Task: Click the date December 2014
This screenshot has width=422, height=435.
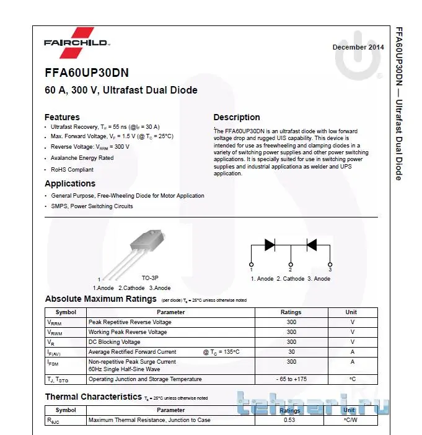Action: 358,47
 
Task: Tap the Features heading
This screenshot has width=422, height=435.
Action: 62,117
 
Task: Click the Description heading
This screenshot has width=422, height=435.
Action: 237,117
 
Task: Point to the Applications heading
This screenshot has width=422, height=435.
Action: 70,183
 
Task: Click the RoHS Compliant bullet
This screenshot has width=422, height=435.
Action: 72,169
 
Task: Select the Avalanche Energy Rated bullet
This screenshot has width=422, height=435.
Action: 82,158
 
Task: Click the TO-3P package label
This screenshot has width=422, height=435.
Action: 150,278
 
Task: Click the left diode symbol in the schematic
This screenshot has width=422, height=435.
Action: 270,244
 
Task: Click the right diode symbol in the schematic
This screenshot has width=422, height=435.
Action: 312,244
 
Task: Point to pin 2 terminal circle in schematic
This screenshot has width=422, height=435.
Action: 290,264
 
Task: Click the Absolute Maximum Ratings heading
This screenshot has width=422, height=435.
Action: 100,299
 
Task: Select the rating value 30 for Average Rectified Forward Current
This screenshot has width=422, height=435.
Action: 291,352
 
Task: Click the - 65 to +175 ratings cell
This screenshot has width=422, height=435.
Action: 291,379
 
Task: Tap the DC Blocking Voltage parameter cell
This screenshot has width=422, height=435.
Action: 115,342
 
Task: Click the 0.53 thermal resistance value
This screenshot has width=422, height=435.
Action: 289,420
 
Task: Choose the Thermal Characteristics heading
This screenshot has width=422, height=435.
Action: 93,397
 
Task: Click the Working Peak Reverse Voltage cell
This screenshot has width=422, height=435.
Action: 128,332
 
